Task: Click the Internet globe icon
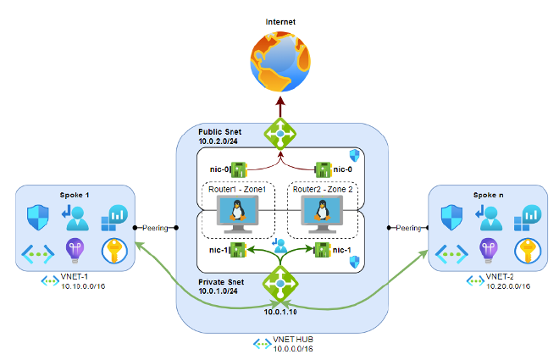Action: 279,58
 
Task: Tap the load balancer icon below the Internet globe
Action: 279,134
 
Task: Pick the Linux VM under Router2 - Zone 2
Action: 322,214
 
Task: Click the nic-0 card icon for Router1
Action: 238,170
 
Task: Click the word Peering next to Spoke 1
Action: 155,228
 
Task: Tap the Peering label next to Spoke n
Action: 409,228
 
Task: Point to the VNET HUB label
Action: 292,340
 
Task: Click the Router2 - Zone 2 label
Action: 321,189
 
